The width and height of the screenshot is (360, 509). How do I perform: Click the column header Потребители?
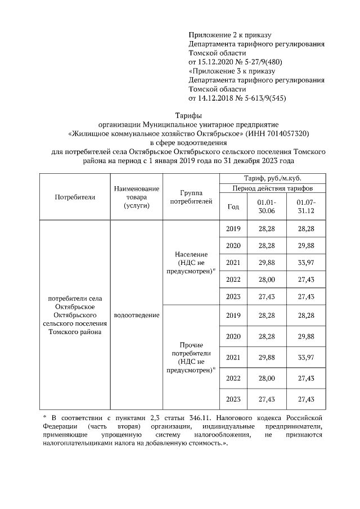click(x=75, y=197)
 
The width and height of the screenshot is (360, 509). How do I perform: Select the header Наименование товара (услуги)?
click(x=136, y=197)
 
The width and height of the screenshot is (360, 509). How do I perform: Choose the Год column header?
click(x=233, y=206)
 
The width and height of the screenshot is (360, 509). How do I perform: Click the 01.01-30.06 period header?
click(x=267, y=206)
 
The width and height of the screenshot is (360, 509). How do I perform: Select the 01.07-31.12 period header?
click(x=307, y=206)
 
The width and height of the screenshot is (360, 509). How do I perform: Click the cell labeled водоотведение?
click(x=136, y=315)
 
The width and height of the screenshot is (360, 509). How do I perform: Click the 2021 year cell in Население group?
click(x=233, y=262)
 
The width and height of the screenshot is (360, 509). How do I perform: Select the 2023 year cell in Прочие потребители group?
click(x=233, y=399)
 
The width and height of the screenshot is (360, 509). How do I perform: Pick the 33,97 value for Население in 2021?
click(x=307, y=262)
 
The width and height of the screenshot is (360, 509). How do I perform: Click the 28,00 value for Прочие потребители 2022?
click(x=267, y=378)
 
